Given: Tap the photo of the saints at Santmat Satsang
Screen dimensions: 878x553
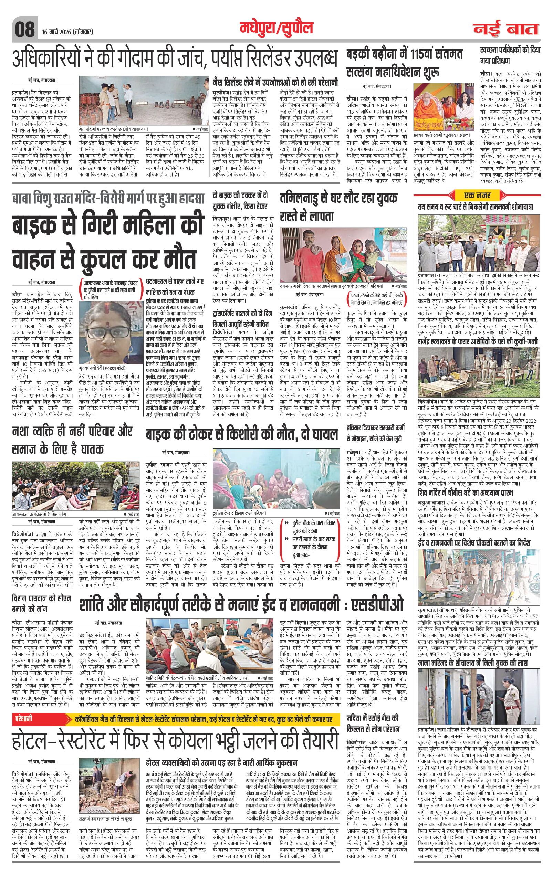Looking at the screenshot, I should click(444, 103).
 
